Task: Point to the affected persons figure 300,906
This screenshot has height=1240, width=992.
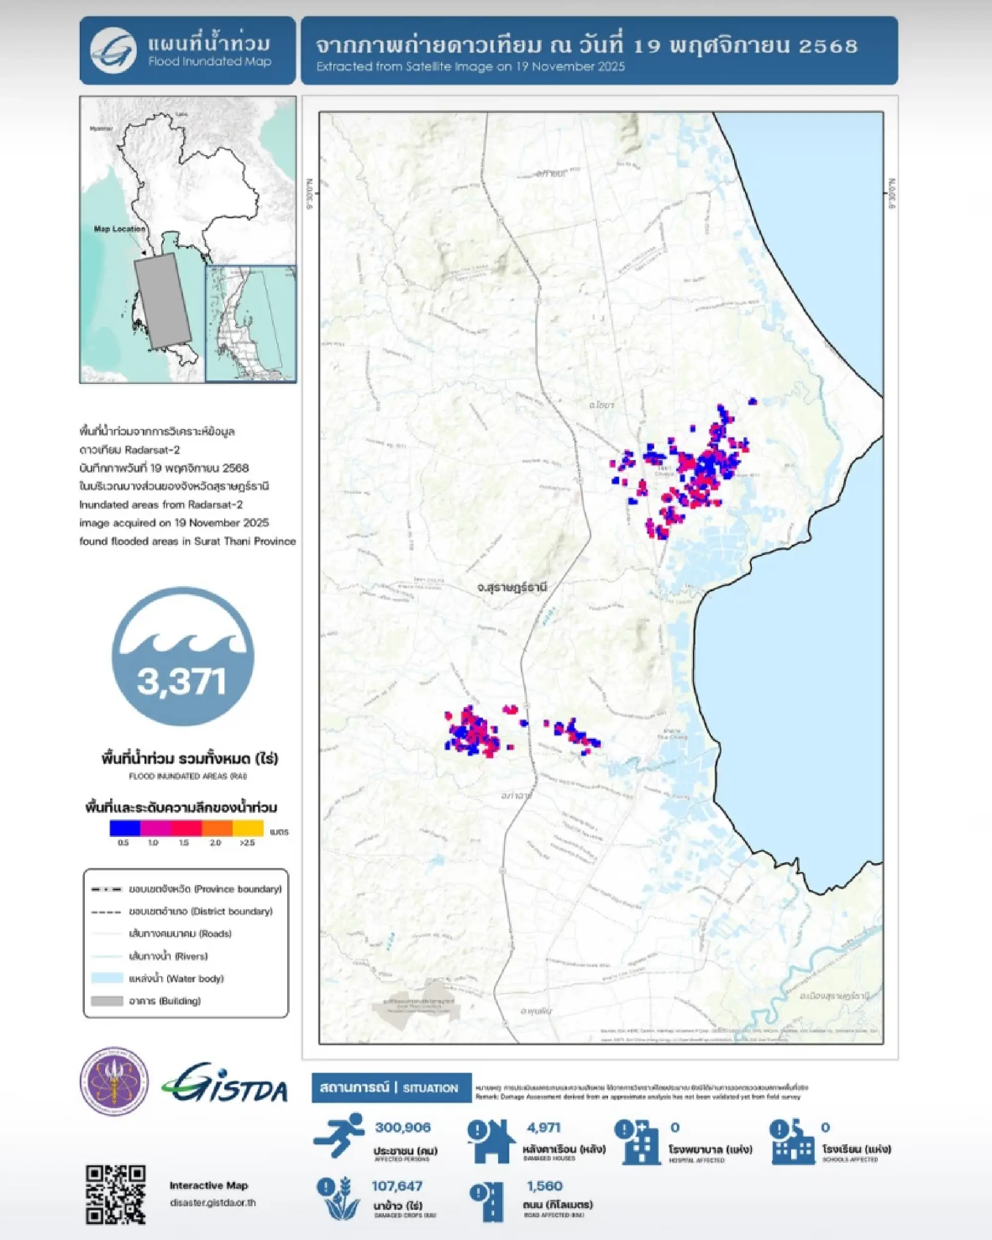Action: (x=403, y=1128)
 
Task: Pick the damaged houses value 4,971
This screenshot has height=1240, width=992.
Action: (x=543, y=1128)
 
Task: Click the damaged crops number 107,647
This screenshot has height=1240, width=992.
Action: (x=397, y=1186)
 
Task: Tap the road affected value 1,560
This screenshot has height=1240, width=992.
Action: (x=544, y=1186)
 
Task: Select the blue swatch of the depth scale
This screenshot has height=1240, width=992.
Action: (x=125, y=828)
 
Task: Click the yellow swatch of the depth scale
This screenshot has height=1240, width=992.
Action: (x=248, y=828)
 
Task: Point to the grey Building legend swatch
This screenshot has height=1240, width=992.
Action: (x=107, y=1001)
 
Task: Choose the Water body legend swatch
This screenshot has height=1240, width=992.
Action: (x=107, y=978)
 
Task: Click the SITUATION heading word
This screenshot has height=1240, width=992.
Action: (x=431, y=1088)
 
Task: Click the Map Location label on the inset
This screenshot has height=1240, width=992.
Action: (x=120, y=229)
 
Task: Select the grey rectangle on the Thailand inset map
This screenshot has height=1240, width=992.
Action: (x=162, y=301)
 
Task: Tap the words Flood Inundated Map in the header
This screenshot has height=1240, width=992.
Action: (x=209, y=61)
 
